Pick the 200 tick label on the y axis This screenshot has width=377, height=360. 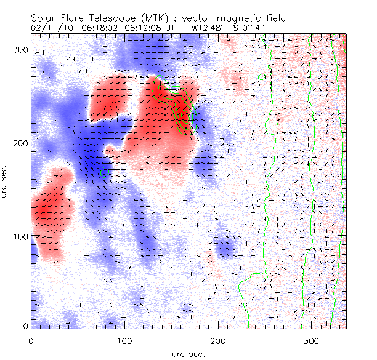tap(19, 142)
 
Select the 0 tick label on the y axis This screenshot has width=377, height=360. tap(25, 326)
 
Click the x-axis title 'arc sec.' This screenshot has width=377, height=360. tap(188, 354)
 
